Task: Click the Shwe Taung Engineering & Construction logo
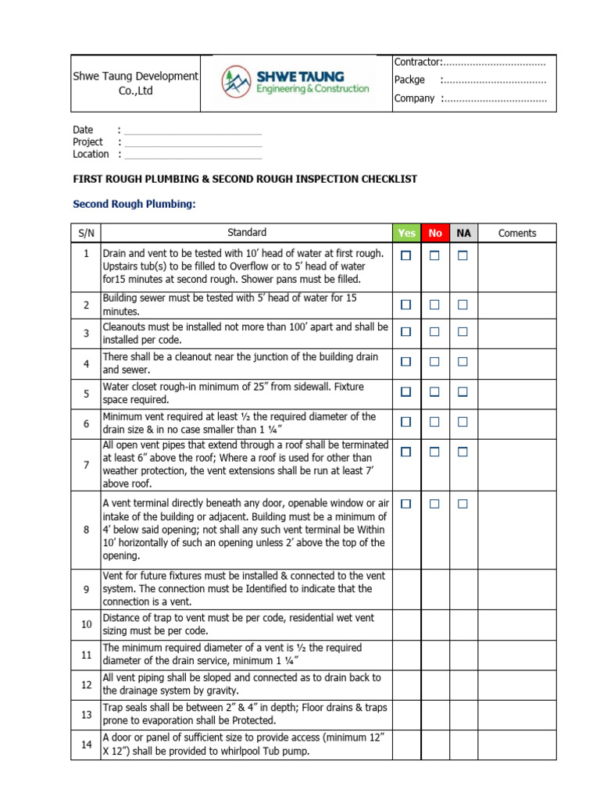coord(295,82)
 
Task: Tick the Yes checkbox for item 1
coord(406,255)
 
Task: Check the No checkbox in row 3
coord(434,332)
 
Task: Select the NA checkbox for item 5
coord(462,391)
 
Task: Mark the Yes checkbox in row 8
coord(406,505)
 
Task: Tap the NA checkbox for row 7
coord(462,452)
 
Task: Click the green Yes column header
coord(406,233)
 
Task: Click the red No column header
coord(435,233)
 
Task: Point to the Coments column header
coord(516,233)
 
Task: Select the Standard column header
coord(246,232)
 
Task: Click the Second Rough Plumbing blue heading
coord(134,205)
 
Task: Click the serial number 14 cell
coord(86,745)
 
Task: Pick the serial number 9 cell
coord(86,589)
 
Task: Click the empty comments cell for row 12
coord(516,684)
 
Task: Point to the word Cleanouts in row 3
coord(125,327)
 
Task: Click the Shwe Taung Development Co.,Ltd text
coord(135,83)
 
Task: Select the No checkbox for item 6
coord(434,422)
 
